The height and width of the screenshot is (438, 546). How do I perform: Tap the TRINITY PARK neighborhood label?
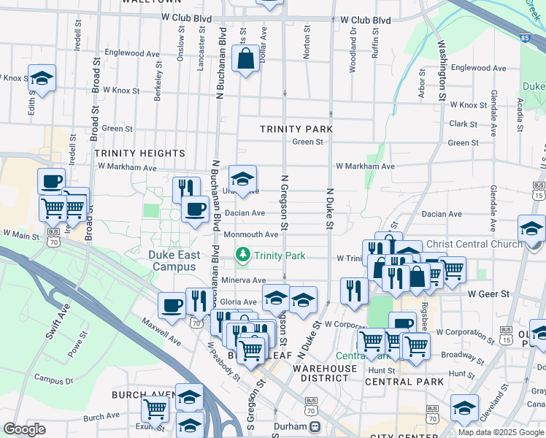[x=296, y=129]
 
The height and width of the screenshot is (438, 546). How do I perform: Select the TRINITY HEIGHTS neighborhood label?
[x=139, y=153]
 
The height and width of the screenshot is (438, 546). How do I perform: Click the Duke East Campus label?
[x=173, y=261]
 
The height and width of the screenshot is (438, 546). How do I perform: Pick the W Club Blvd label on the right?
[x=365, y=20]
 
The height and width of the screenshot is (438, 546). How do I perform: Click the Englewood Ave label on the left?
[x=132, y=53]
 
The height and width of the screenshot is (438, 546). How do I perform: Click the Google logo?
[x=24, y=429]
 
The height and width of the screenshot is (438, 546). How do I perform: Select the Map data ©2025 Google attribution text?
[x=500, y=432]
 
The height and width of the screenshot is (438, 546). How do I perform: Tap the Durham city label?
[x=285, y=426]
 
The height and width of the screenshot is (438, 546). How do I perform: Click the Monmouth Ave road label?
[x=250, y=234]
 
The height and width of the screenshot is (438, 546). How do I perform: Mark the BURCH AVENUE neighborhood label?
[x=143, y=394]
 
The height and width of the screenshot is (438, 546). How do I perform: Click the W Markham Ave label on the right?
[x=365, y=166]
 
